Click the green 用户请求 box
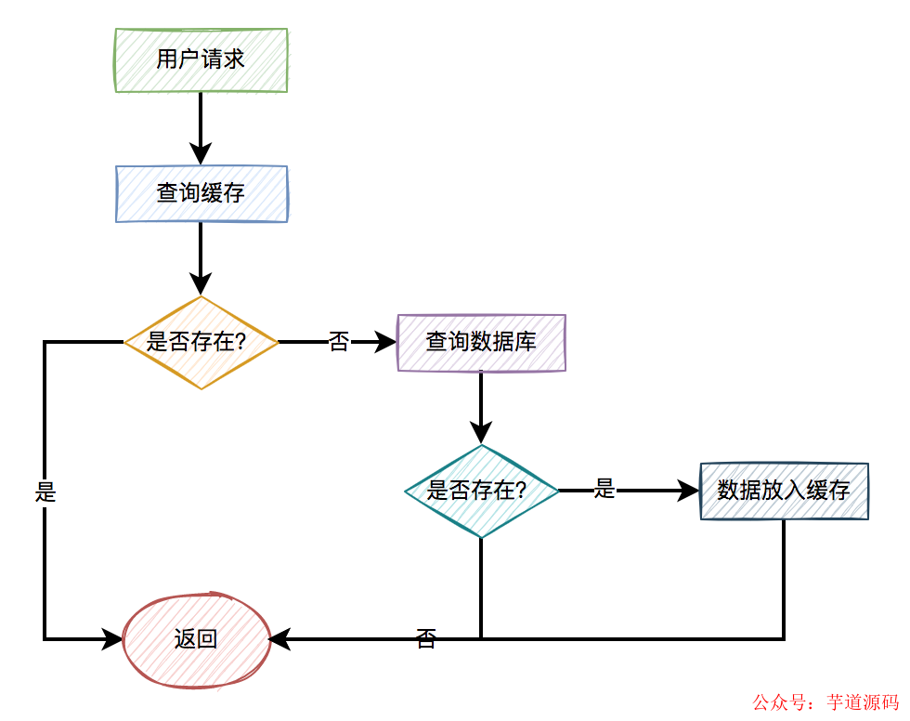(x=201, y=60)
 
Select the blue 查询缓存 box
(x=201, y=193)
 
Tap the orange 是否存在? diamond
(x=201, y=342)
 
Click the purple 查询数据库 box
(x=481, y=342)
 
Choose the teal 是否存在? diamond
(x=481, y=491)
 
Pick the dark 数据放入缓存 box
(x=784, y=491)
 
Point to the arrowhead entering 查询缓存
(x=201, y=154)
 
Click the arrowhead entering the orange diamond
(x=201, y=284)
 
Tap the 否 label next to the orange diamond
(x=339, y=342)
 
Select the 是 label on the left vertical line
(x=45, y=492)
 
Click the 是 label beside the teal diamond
(x=605, y=490)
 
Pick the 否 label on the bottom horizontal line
(x=426, y=639)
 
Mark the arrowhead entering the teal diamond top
(x=481, y=432)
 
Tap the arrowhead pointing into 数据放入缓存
(x=688, y=491)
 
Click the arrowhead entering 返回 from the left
(x=112, y=639)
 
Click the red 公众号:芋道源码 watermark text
(x=825, y=703)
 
